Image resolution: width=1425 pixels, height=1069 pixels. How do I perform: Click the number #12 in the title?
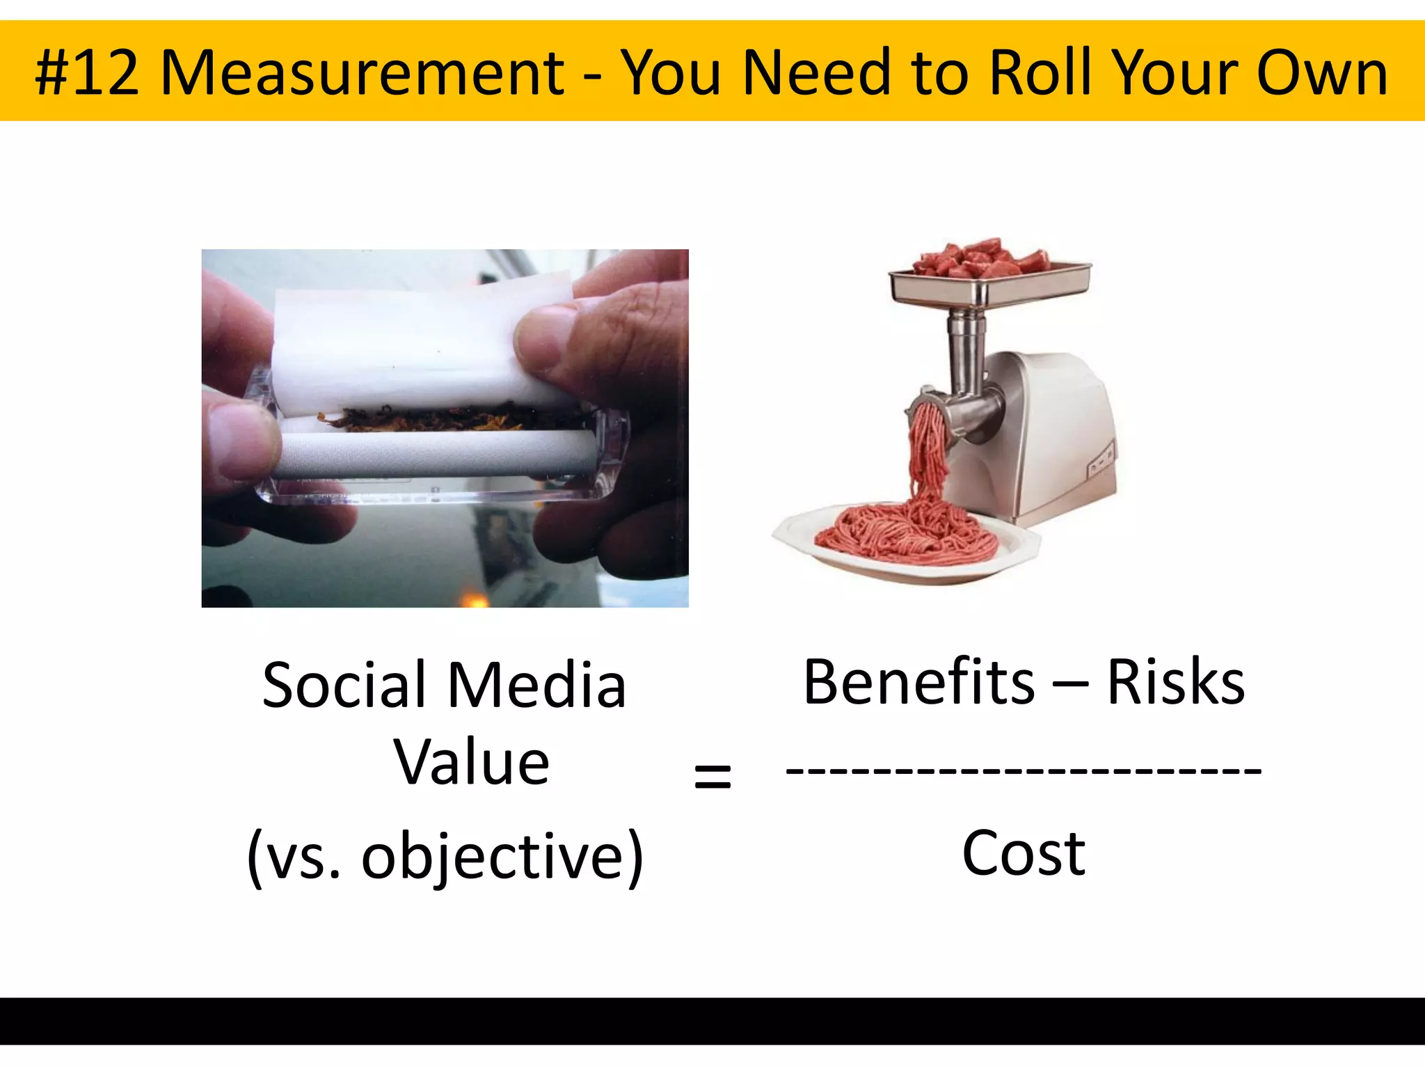[87, 72]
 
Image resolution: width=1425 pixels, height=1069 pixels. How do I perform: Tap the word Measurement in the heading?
[362, 72]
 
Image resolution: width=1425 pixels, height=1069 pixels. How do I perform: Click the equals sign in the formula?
[712, 775]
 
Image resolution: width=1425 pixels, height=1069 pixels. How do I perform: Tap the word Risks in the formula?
[1175, 682]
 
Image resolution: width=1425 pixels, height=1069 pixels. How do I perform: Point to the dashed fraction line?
[1023, 771]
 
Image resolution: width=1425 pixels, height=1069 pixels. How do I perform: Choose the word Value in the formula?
[472, 763]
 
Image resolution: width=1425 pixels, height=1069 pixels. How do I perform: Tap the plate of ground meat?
[905, 543]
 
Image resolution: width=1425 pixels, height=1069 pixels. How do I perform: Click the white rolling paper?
[417, 341]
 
